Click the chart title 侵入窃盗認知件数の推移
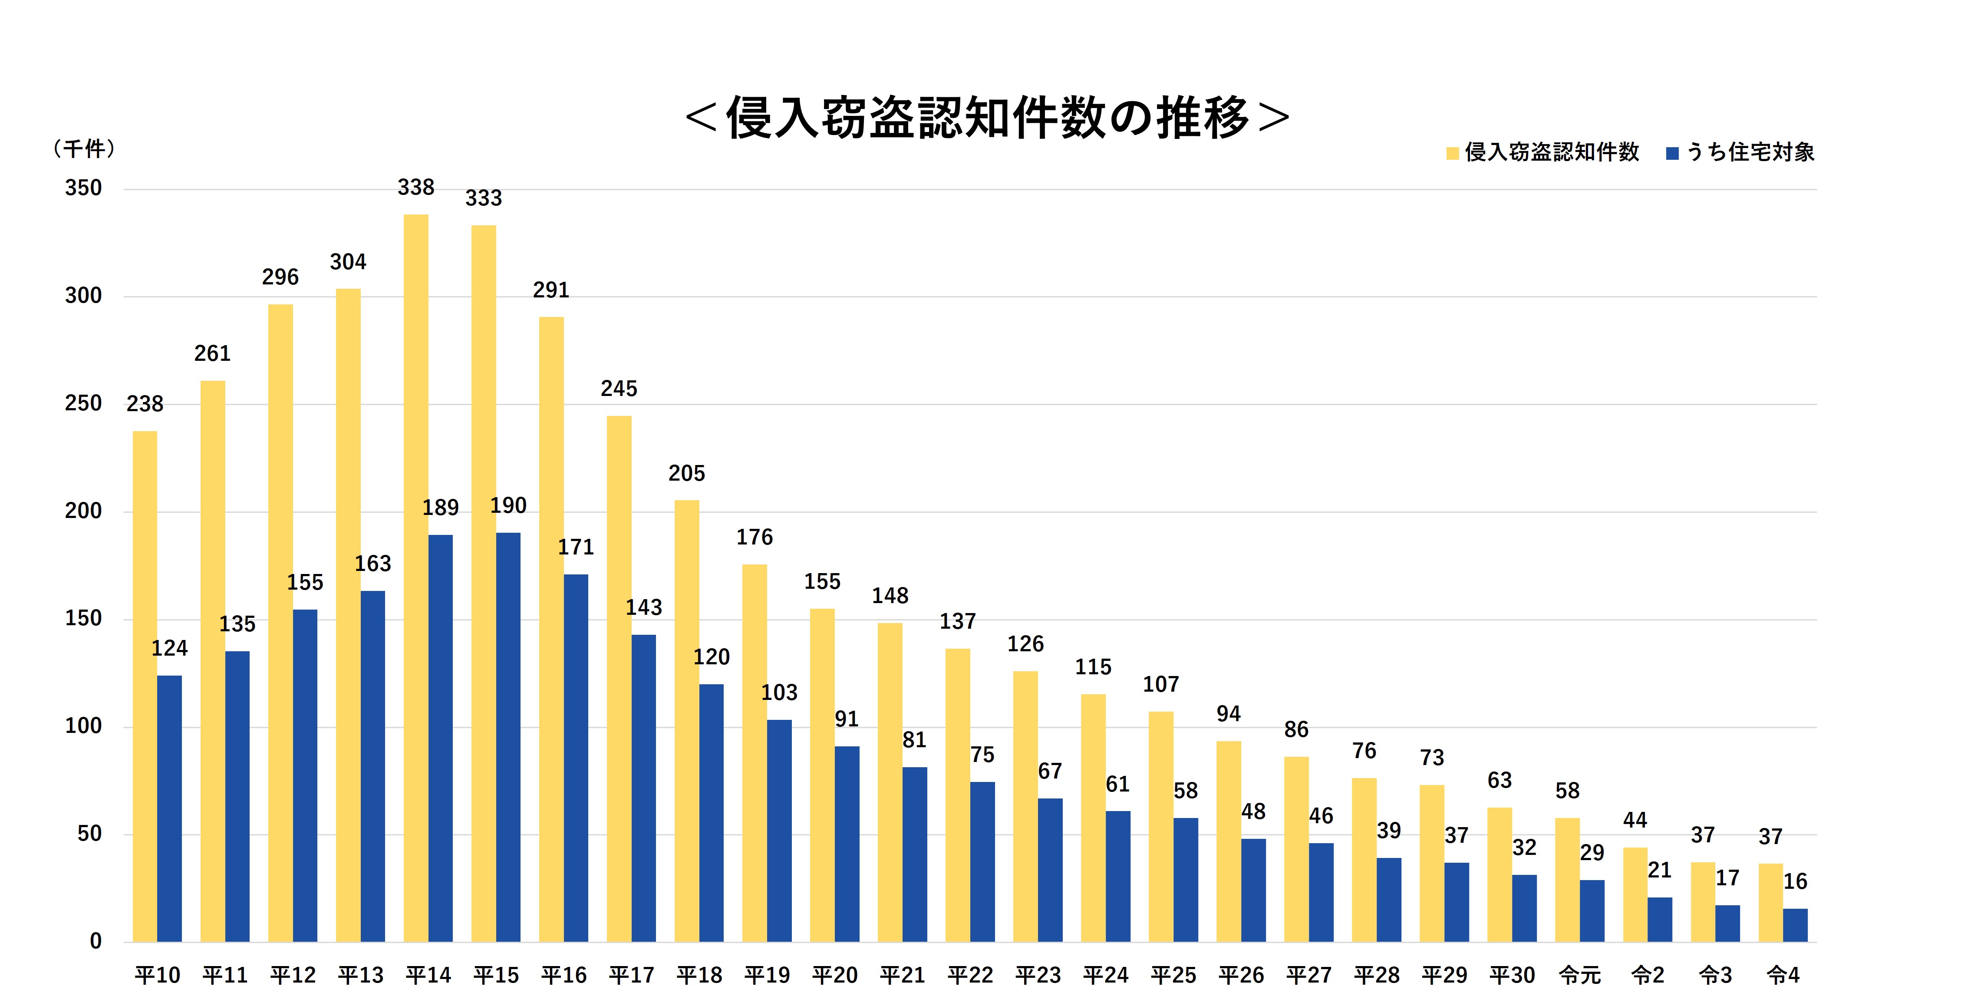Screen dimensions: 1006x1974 [987, 119]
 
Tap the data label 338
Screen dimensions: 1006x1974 [415, 188]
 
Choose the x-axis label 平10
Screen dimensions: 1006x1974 [157, 975]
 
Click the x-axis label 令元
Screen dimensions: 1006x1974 [1579, 975]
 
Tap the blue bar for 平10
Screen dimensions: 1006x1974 [169, 808]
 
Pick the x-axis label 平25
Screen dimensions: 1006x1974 [1173, 975]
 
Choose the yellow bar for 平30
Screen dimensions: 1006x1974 [1499, 874]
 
